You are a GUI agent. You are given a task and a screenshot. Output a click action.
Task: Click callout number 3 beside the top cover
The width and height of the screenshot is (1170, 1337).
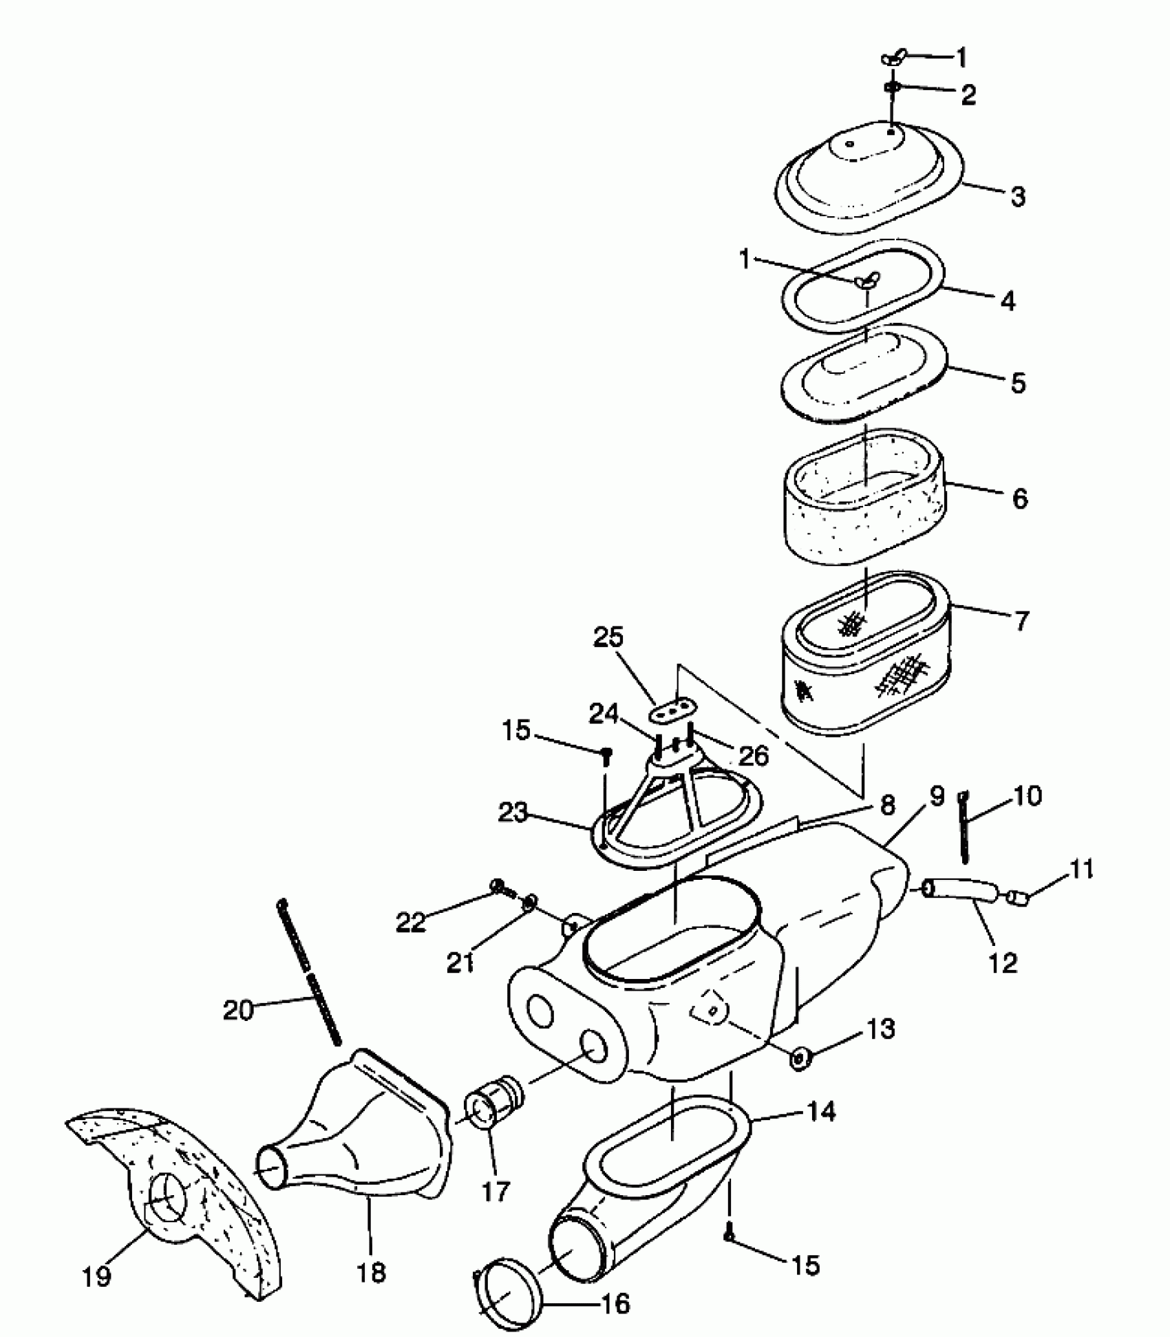(1018, 196)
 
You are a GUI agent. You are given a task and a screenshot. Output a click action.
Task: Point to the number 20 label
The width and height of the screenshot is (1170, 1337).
(239, 1011)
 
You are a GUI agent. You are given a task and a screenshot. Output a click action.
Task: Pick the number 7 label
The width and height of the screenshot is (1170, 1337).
(1021, 621)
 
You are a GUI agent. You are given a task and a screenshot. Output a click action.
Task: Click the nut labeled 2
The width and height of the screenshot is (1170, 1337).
(893, 87)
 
